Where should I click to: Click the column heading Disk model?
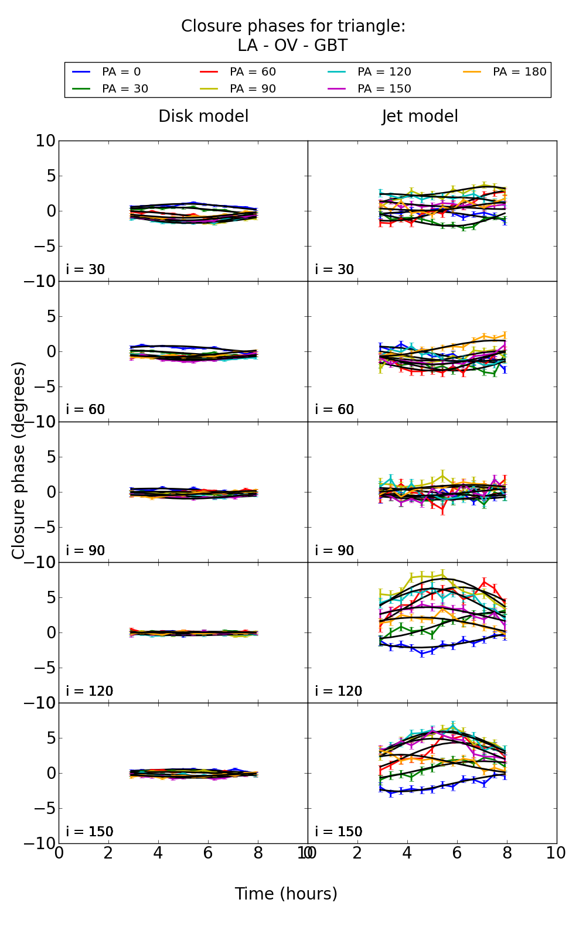tap(203, 117)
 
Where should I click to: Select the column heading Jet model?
tap(420, 117)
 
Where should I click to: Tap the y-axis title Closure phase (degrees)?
tap(19, 460)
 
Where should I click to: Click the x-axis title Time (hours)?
tap(286, 894)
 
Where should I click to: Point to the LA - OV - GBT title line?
tap(292, 46)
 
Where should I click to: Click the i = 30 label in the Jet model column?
tap(334, 269)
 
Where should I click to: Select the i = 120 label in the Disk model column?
tap(89, 691)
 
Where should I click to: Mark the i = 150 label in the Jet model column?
tap(338, 832)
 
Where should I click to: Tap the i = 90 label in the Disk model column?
tap(85, 550)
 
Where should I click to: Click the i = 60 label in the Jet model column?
tap(334, 409)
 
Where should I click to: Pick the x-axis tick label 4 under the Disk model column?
tap(158, 853)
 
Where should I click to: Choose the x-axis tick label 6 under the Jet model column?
tap(457, 853)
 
